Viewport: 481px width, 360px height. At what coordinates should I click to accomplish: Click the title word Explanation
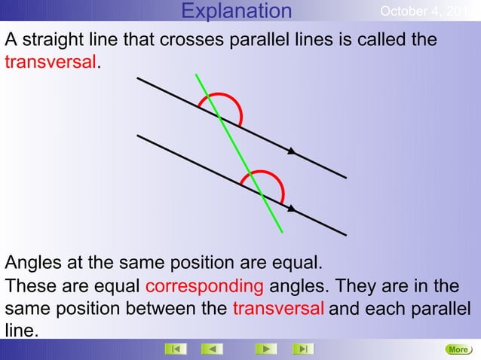(x=237, y=11)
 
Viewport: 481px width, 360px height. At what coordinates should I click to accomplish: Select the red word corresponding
(x=204, y=287)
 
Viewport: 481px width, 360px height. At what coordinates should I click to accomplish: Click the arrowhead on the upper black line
(x=292, y=152)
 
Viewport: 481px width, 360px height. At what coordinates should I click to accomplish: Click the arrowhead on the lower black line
(x=292, y=209)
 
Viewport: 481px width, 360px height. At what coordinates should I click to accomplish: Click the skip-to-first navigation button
(x=175, y=349)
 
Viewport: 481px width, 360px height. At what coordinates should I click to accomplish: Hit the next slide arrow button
(x=265, y=349)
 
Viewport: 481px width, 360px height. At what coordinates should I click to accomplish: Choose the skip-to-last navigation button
(x=302, y=349)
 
